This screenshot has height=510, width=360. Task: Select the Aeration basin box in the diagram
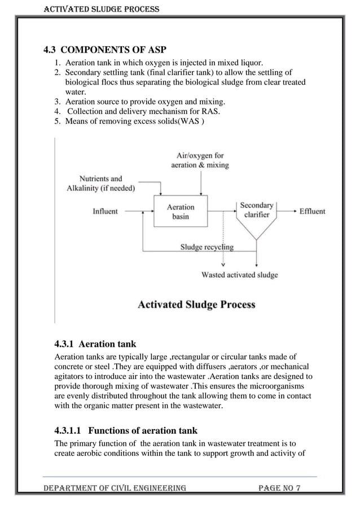(181, 212)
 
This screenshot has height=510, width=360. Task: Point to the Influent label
(106, 211)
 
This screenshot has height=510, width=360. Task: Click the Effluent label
(312, 211)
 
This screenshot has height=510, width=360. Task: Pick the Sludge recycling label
(207, 247)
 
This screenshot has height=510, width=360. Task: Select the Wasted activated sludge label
(240, 275)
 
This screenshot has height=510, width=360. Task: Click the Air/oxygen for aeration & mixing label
(200, 160)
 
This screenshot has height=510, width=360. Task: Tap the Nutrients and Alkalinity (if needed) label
(101, 184)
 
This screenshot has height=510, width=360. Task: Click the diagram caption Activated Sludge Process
(196, 304)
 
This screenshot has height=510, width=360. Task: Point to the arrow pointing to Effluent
(288, 211)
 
